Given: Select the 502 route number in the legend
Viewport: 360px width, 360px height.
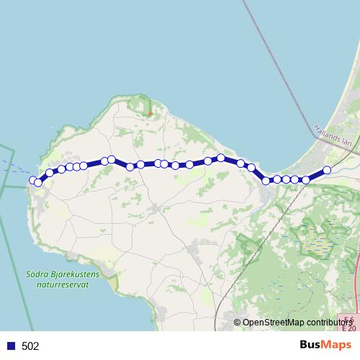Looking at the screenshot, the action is pyautogui.click(x=30, y=346).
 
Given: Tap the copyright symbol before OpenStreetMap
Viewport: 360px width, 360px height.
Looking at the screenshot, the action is pyautogui.click(x=238, y=323).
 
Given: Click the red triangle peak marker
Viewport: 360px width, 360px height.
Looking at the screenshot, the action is pyautogui.click(x=149, y=112).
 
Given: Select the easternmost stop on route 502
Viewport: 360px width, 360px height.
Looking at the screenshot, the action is pyautogui.click(x=327, y=170).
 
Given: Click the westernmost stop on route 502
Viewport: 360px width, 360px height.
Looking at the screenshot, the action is pyautogui.click(x=32, y=180).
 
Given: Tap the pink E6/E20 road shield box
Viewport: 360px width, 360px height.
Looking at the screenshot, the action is pyautogui.click(x=348, y=324).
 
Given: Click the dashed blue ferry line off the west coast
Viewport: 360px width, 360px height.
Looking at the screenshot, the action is pyautogui.click(x=14, y=168).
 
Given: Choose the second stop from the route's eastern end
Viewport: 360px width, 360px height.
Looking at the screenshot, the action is pyautogui.click(x=306, y=180).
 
